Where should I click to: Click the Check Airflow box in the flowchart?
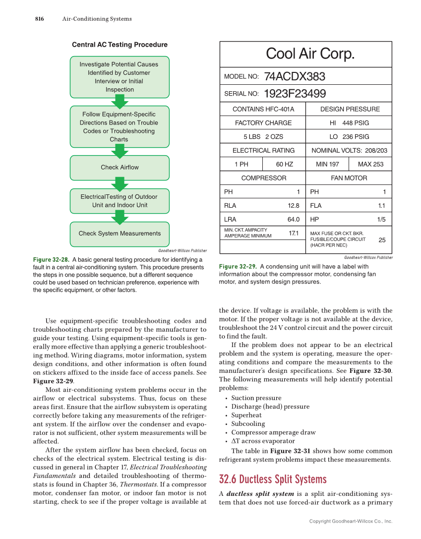coord(120,168)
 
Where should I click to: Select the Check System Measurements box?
coord(120,234)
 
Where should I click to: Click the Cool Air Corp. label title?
coord(310,54)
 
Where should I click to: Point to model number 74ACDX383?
coord(295,76)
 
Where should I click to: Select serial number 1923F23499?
coord(295,94)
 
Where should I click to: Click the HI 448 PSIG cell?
coord(349,123)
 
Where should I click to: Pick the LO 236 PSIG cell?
coord(349,137)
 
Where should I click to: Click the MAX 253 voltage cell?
coord(370,164)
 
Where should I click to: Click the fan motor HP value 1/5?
coord(381,219)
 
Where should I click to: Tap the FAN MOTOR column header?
coord(349,178)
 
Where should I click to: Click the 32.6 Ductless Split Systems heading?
coord(273,479)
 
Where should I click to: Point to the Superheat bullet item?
coord(246,415)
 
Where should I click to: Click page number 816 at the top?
coord(39,19)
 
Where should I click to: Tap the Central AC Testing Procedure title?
coord(120,45)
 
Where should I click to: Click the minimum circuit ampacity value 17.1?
coord(293,233)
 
